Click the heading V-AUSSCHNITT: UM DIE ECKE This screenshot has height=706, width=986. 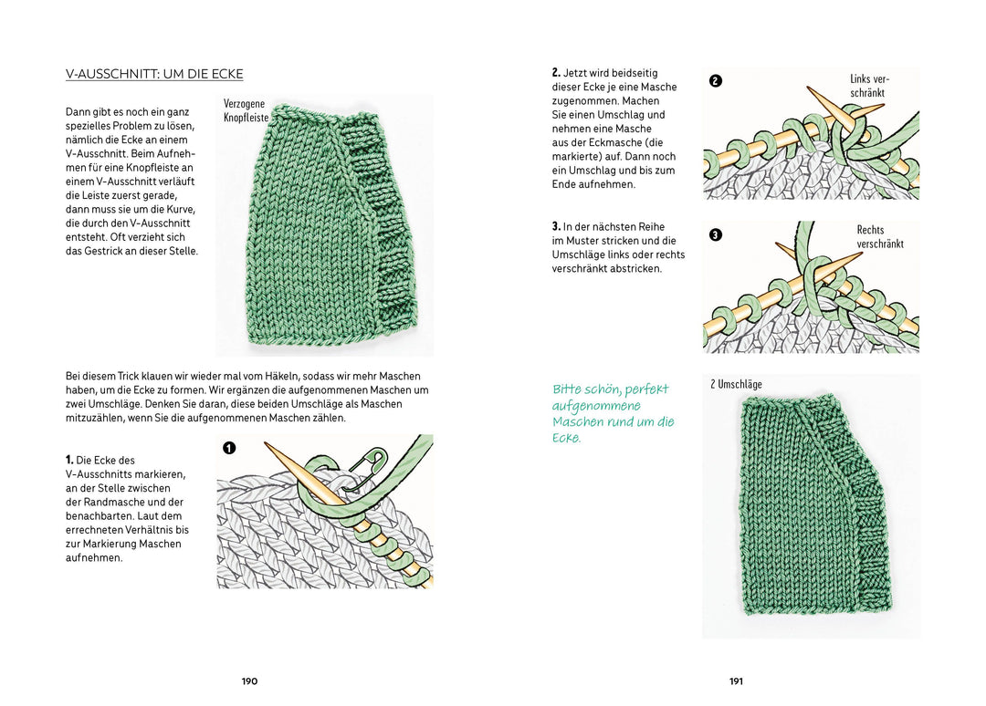(x=154, y=74)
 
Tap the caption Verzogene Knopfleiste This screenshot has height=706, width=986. (x=246, y=111)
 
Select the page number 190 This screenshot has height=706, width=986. (x=249, y=681)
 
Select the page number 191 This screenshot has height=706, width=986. (x=736, y=681)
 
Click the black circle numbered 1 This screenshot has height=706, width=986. (x=229, y=448)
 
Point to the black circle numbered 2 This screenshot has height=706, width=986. (x=716, y=80)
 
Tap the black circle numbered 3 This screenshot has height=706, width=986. (x=716, y=234)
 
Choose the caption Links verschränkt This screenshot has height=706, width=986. (x=869, y=86)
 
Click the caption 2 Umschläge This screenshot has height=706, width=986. (x=736, y=384)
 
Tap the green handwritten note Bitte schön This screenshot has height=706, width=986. (x=613, y=413)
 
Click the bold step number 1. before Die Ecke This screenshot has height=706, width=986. (x=69, y=461)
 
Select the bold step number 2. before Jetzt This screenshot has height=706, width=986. (x=556, y=73)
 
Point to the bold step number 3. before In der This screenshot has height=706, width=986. (x=556, y=227)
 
